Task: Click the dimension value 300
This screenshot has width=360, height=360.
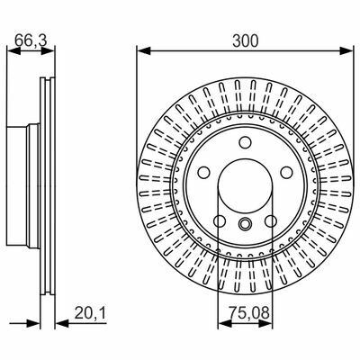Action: [245, 41]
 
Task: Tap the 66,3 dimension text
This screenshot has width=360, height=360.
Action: [31, 40]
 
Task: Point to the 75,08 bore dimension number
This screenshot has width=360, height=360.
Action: [249, 314]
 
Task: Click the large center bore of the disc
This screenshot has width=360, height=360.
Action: [245, 185]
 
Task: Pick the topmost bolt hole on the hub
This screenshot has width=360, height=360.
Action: [245, 141]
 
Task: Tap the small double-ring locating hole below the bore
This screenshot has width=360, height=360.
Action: [245, 223]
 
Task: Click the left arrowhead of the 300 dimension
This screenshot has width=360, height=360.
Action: [143, 50]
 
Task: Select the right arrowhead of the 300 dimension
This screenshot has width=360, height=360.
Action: [346, 50]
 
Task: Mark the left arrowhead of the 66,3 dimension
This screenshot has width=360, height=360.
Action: [13, 50]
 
